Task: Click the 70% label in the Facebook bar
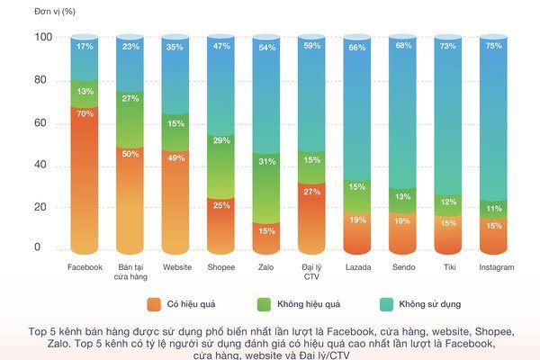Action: (85, 114)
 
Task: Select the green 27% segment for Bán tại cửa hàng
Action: (130, 98)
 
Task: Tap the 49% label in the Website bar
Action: (176, 158)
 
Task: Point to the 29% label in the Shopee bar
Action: (221, 141)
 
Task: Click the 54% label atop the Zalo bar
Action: (267, 47)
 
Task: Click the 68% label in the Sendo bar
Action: (404, 46)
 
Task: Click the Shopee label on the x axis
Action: (221, 267)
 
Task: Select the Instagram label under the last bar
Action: (496, 267)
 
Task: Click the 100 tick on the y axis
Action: (43, 38)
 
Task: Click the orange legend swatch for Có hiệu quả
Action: (154, 304)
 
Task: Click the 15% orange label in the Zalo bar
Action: (267, 231)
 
